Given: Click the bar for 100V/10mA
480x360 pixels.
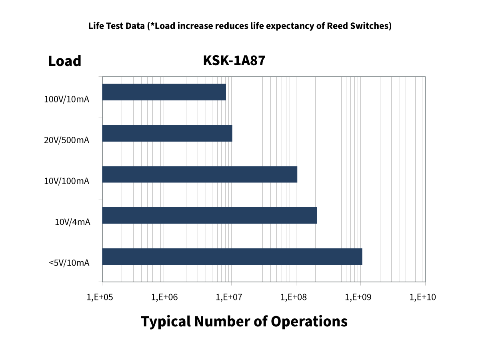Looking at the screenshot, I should click(x=164, y=92).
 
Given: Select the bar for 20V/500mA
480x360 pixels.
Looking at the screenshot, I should click(x=167, y=133).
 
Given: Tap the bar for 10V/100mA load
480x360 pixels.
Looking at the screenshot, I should click(x=200, y=174).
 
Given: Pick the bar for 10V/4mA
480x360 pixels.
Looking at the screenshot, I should click(x=209, y=215).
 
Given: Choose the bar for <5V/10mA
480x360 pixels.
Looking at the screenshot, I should click(x=232, y=256).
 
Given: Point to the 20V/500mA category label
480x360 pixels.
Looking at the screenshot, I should click(x=66, y=140).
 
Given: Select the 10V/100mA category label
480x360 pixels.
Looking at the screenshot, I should click(x=66, y=181).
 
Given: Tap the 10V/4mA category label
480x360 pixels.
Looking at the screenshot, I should click(x=72, y=222).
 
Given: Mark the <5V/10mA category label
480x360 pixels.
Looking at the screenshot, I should click(x=69, y=263).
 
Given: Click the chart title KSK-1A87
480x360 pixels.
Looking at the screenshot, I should click(x=234, y=60).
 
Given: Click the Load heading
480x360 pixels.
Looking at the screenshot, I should click(x=64, y=61).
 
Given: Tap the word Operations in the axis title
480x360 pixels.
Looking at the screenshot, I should click(x=309, y=322).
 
